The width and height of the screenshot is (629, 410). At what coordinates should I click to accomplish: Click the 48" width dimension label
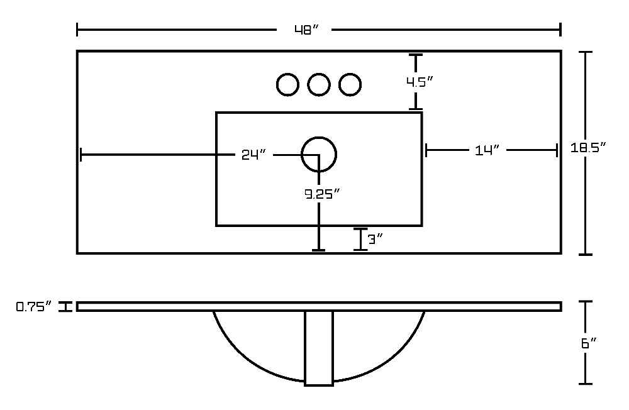pos(306,30)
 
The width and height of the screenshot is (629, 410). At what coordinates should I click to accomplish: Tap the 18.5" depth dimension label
pos(587,147)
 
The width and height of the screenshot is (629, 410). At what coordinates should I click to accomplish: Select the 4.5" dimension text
pos(420,82)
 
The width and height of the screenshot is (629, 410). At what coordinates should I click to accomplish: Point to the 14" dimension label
pos(487,150)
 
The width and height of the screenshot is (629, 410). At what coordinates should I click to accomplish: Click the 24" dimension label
pos(253,155)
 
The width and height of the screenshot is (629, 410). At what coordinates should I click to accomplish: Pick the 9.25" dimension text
pos(322,194)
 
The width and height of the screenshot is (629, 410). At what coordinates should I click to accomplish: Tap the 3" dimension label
pos(376,240)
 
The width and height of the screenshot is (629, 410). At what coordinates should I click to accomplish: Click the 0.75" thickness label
pos(34,307)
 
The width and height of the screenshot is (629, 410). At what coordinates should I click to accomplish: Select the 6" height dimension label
pos(589,343)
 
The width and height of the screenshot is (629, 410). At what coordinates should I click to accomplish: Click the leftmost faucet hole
pos(287,85)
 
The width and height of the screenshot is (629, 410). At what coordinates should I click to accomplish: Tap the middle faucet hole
pos(319,85)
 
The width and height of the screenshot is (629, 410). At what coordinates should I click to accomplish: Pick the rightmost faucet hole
pos(350,85)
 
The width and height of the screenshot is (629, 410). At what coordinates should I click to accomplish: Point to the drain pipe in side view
pos(319,348)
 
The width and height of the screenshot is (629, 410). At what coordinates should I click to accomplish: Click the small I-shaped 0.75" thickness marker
pos(65,307)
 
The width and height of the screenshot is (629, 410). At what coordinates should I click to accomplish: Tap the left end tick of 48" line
pos(77,30)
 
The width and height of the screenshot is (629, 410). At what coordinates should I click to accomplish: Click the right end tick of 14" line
pos(557,150)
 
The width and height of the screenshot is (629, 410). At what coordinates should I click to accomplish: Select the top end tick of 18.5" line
pos(586,52)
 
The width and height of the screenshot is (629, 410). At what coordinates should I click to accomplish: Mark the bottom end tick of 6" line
pos(586,384)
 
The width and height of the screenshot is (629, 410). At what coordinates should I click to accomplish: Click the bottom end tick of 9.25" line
pos(318,250)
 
